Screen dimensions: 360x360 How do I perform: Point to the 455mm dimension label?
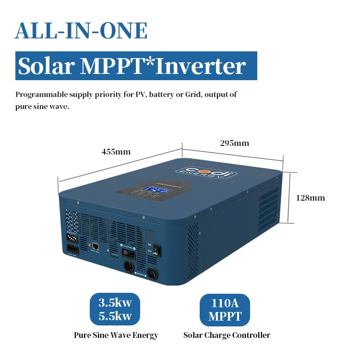coord(116,152)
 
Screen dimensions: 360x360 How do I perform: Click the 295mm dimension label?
coord(234,143)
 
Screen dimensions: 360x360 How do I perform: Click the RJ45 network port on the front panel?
coord(95,246)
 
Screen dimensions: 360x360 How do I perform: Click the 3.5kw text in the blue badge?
coord(115,303)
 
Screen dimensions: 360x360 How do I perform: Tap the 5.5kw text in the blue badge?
coord(115,316)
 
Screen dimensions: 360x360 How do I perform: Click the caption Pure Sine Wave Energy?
coord(116,335)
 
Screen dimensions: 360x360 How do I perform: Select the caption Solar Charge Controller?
coord(227,335)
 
